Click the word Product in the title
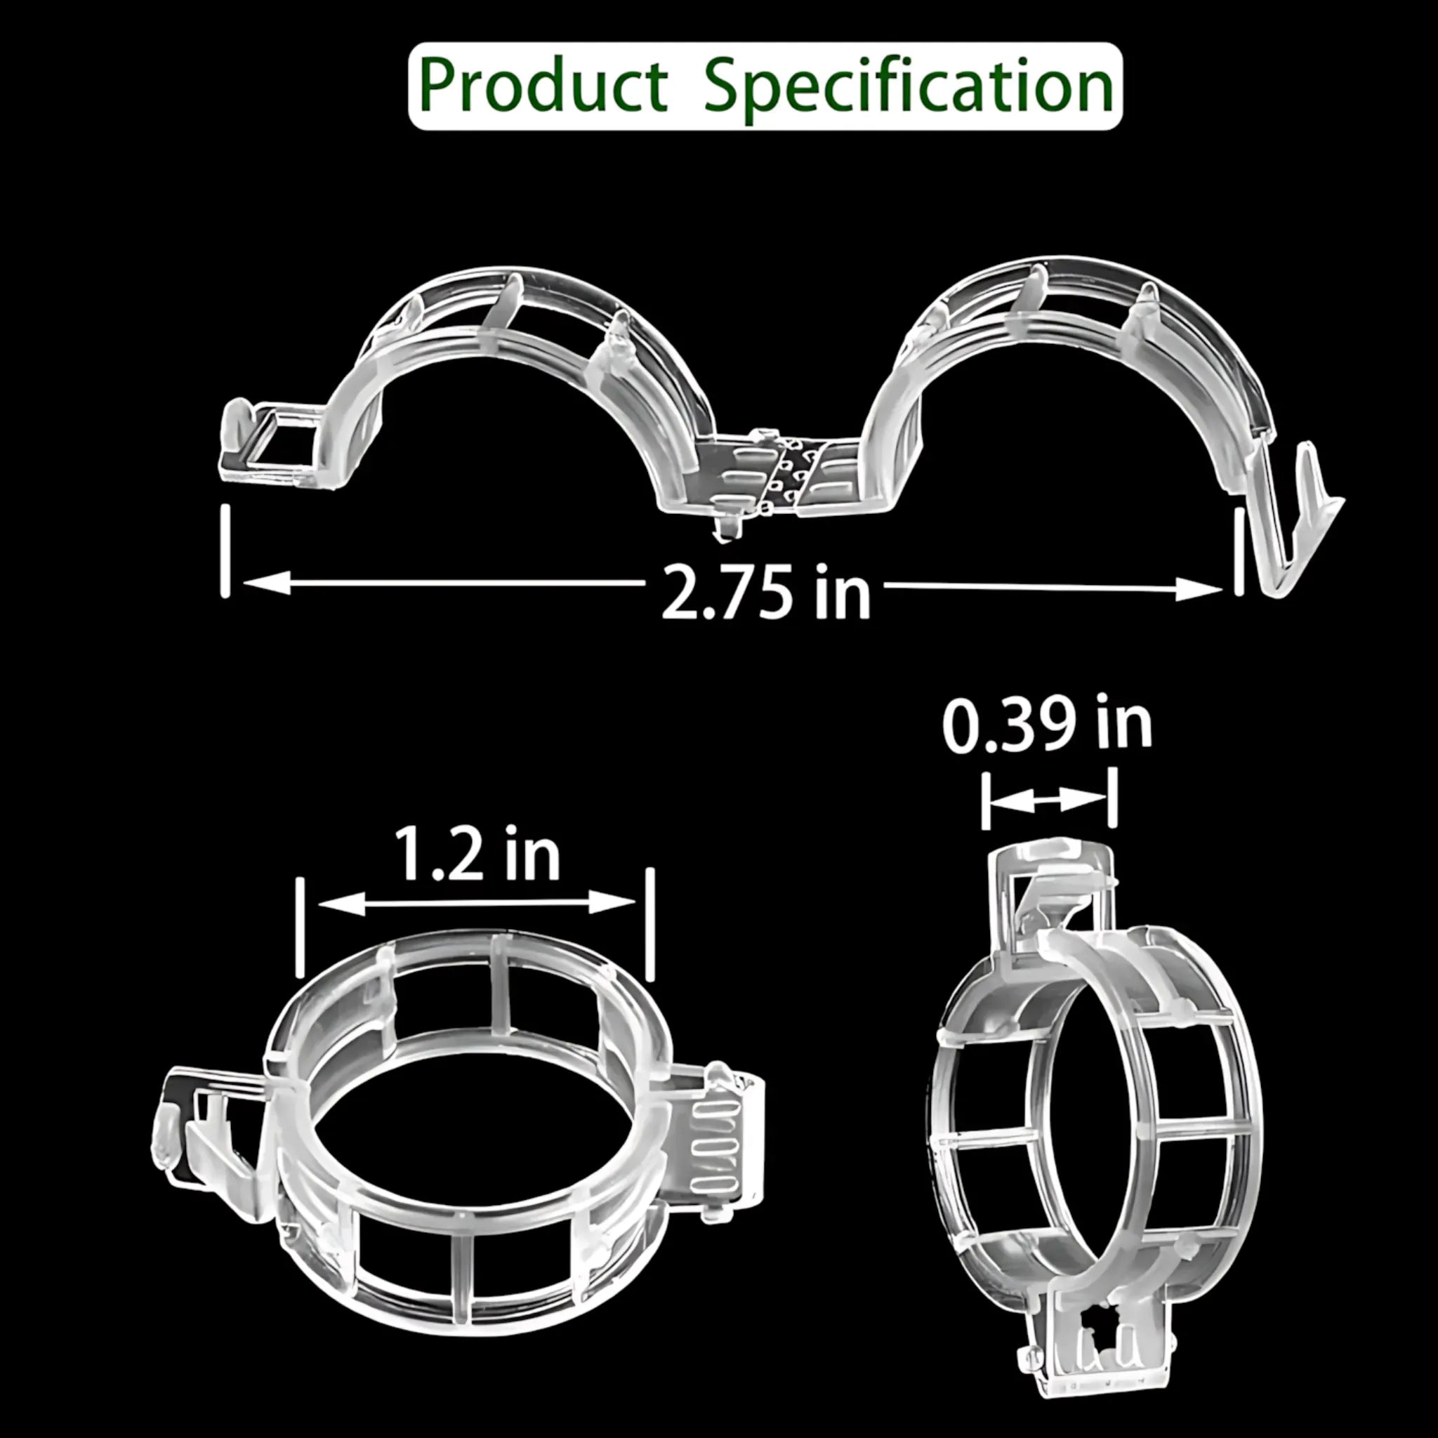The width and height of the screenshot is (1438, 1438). coord(543,86)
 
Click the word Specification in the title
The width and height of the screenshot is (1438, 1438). coord(908,88)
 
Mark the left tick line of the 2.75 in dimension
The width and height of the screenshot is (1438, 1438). coord(225,550)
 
